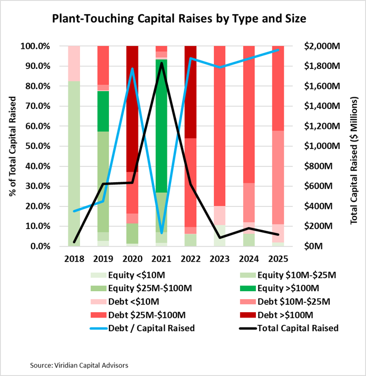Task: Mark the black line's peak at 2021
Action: pos(161,63)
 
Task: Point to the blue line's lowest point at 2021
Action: pos(161,233)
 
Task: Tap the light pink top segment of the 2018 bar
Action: pos(74,63)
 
